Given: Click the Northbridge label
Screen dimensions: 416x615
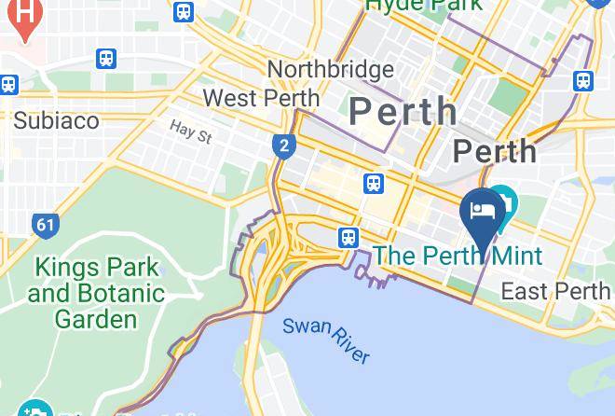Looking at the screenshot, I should [x=330, y=70].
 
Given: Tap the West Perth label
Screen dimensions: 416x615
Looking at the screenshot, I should [x=261, y=98].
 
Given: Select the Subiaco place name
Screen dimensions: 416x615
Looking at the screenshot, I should [x=56, y=120].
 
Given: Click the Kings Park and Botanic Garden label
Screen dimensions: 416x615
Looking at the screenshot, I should [x=96, y=294].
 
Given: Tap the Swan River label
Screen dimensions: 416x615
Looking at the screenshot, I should [x=326, y=340].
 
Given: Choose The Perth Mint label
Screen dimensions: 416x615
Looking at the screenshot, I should [x=458, y=256].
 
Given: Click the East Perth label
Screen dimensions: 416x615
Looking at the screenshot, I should [x=555, y=291].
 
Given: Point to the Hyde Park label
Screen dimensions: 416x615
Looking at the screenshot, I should [x=424, y=5].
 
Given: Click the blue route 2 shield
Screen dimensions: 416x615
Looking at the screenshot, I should [x=281, y=146].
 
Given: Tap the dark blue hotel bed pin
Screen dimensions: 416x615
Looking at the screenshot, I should [x=483, y=213].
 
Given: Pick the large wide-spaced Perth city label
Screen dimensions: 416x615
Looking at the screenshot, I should [x=403, y=112].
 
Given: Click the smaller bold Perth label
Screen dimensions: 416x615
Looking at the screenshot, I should [x=494, y=151].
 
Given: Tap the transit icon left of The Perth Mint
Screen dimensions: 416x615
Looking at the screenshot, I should [x=349, y=238].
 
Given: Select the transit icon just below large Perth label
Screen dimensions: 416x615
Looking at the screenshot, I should [x=375, y=184].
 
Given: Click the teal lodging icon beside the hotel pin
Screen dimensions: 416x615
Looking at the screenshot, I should [x=504, y=199].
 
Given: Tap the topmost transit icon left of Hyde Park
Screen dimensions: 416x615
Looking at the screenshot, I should [x=184, y=12].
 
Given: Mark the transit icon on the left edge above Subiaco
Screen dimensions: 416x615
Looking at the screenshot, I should [x=8, y=84].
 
